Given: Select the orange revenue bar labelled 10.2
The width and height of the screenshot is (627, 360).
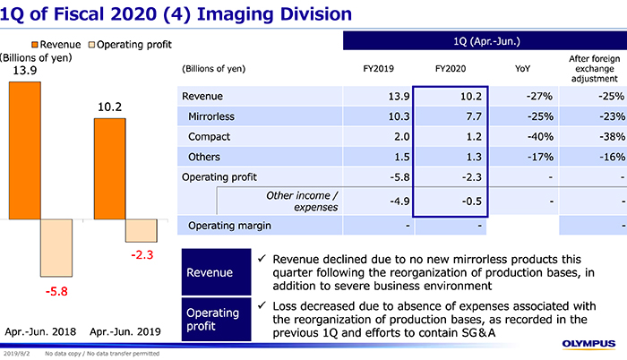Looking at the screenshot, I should click(108, 169).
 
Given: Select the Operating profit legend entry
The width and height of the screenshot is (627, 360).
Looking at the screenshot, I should click(133, 45).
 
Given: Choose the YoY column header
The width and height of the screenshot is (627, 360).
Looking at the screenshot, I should click(522, 69).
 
